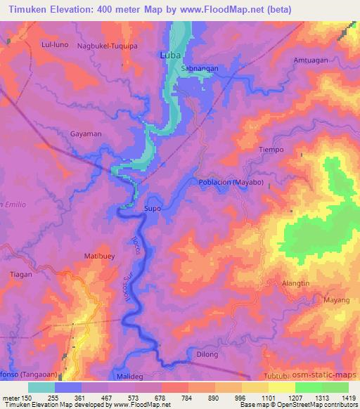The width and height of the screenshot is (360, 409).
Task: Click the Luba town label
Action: click(172, 55)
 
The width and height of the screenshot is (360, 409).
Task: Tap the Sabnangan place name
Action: click(199, 69)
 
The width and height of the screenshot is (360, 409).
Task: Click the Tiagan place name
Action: click(21, 275)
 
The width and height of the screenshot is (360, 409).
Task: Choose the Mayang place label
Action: click(336, 301)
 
